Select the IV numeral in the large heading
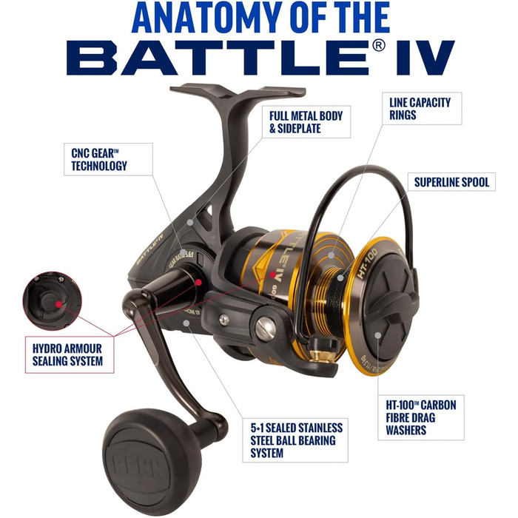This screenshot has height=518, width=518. point(423,57)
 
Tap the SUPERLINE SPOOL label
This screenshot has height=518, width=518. point(451,181)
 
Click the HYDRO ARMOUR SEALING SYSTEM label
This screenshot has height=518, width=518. point(67,355)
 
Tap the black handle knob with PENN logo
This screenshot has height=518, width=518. point(152,451)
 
